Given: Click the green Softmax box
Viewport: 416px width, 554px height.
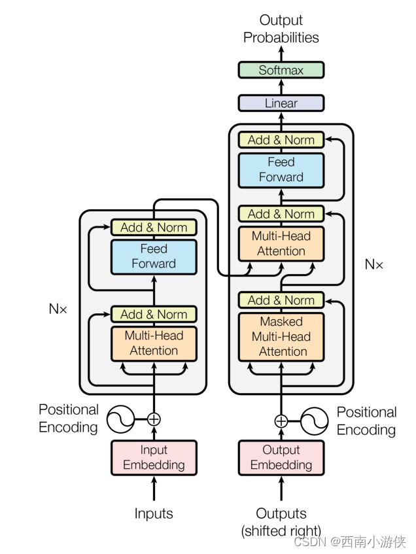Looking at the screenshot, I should tap(281, 70).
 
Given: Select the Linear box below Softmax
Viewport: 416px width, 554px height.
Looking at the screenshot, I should tap(281, 103).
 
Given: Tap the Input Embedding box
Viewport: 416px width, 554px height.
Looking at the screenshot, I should tap(154, 458).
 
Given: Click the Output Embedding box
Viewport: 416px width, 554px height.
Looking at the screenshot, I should tap(281, 458).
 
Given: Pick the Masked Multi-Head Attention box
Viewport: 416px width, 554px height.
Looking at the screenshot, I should tap(281, 337).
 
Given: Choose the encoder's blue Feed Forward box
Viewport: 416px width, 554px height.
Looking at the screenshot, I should tap(154, 256).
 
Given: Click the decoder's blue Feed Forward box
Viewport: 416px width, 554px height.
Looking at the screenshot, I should tap(281, 169).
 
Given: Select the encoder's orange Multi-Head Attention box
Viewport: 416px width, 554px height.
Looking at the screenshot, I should tap(154, 343).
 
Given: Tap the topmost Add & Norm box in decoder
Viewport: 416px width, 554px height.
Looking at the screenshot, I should tap(281, 140).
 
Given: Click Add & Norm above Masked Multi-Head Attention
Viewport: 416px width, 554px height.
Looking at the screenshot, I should tap(281, 300).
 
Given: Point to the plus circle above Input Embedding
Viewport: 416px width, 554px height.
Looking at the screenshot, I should tap(154, 419).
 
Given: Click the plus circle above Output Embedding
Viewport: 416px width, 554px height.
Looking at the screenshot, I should tap(281, 421).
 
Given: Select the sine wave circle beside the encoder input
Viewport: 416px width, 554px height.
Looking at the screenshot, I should tap(120, 419).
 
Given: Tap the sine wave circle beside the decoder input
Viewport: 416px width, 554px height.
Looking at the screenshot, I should tap(314, 421).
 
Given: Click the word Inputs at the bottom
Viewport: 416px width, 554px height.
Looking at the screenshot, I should tap(154, 513).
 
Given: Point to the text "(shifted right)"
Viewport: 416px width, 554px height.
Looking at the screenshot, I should tap(281, 530).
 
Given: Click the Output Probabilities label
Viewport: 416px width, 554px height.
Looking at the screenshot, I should tap(281, 29).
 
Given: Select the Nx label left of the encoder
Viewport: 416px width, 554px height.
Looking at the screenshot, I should tap(58, 309).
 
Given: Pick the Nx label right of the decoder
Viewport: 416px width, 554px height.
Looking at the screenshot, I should tap(374, 264).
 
